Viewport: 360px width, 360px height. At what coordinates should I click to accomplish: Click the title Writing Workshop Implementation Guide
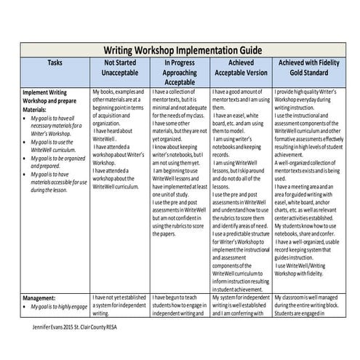click(x=180, y=50)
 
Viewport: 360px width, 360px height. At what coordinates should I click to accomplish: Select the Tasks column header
click(x=55, y=63)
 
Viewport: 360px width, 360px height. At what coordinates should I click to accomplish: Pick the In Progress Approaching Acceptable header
click(x=180, y=73)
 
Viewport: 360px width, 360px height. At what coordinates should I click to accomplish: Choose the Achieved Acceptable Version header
click(x=240, y=68)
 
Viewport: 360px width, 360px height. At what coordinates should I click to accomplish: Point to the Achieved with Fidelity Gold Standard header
click(x=305, y=68)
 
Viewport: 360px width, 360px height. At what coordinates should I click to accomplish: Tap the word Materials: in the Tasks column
click(x=37, y=110)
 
